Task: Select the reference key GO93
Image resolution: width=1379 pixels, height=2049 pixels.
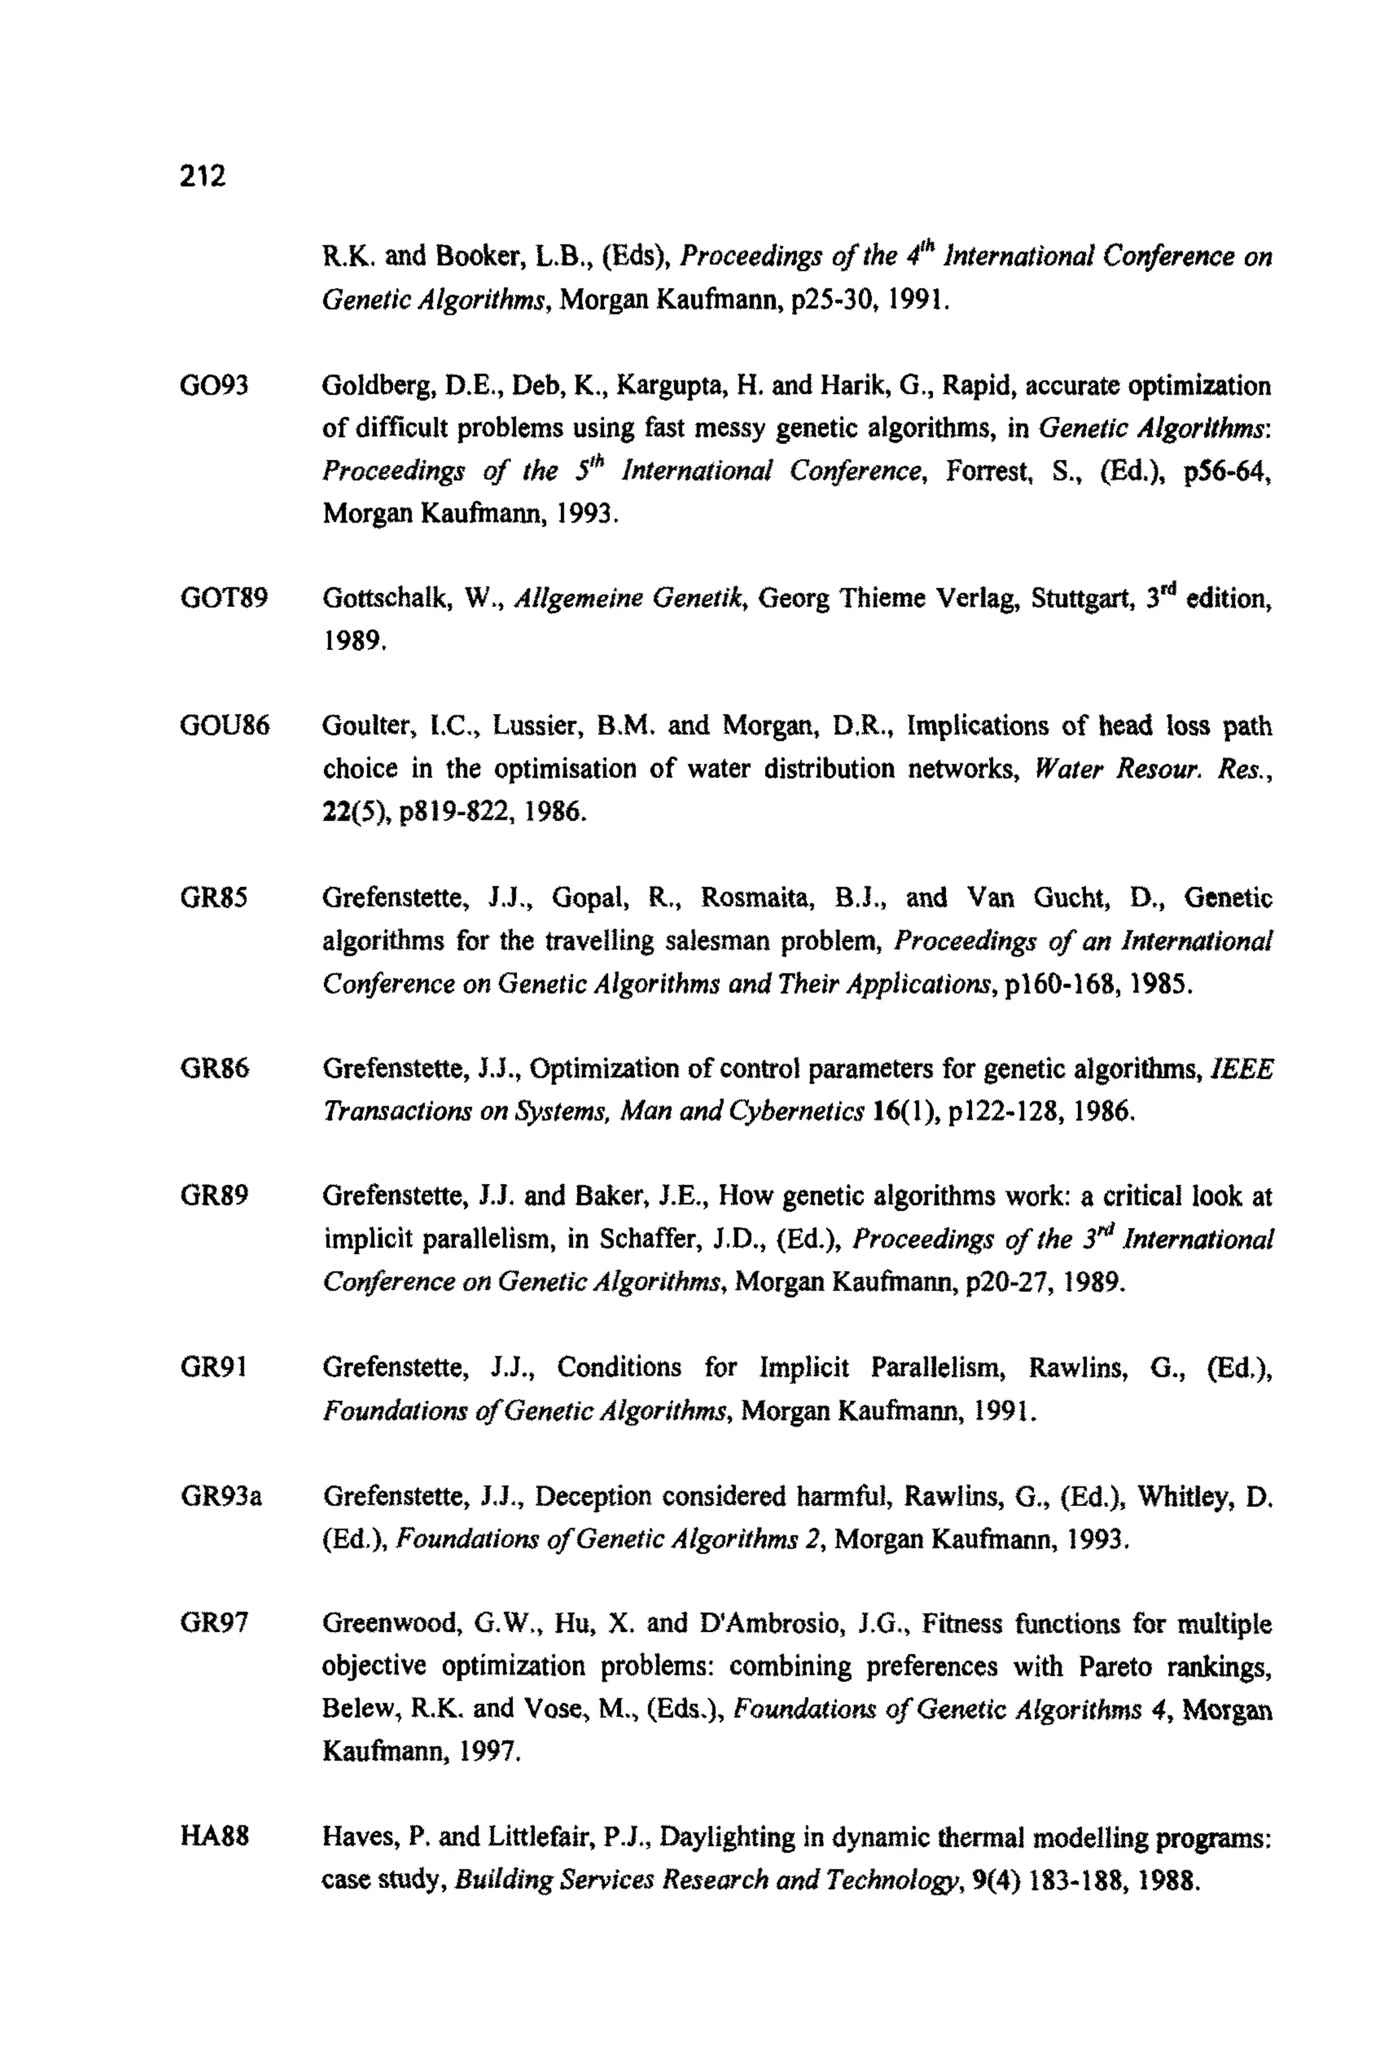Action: click(x=213, y=385)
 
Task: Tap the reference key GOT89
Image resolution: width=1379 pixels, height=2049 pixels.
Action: click(x=224, y=598)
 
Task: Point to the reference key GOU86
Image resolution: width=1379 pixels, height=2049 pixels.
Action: click(x=224, y=726)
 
